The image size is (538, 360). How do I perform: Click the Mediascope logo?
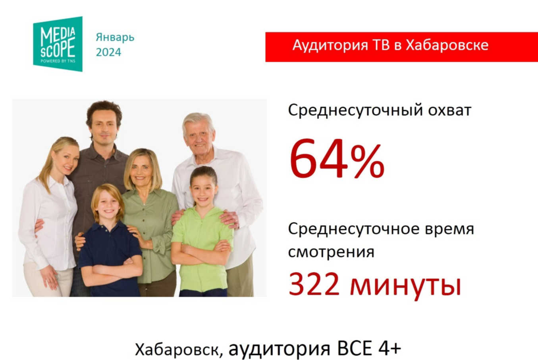coord(58,44)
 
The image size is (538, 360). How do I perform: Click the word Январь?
coord(115,37)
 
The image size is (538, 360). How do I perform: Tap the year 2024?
coord(108,52)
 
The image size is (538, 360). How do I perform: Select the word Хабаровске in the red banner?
coord(447,45)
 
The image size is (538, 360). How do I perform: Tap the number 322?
coord(314,285)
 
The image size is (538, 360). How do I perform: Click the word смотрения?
coord(331,252)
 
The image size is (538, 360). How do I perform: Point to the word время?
coord(449,229)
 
